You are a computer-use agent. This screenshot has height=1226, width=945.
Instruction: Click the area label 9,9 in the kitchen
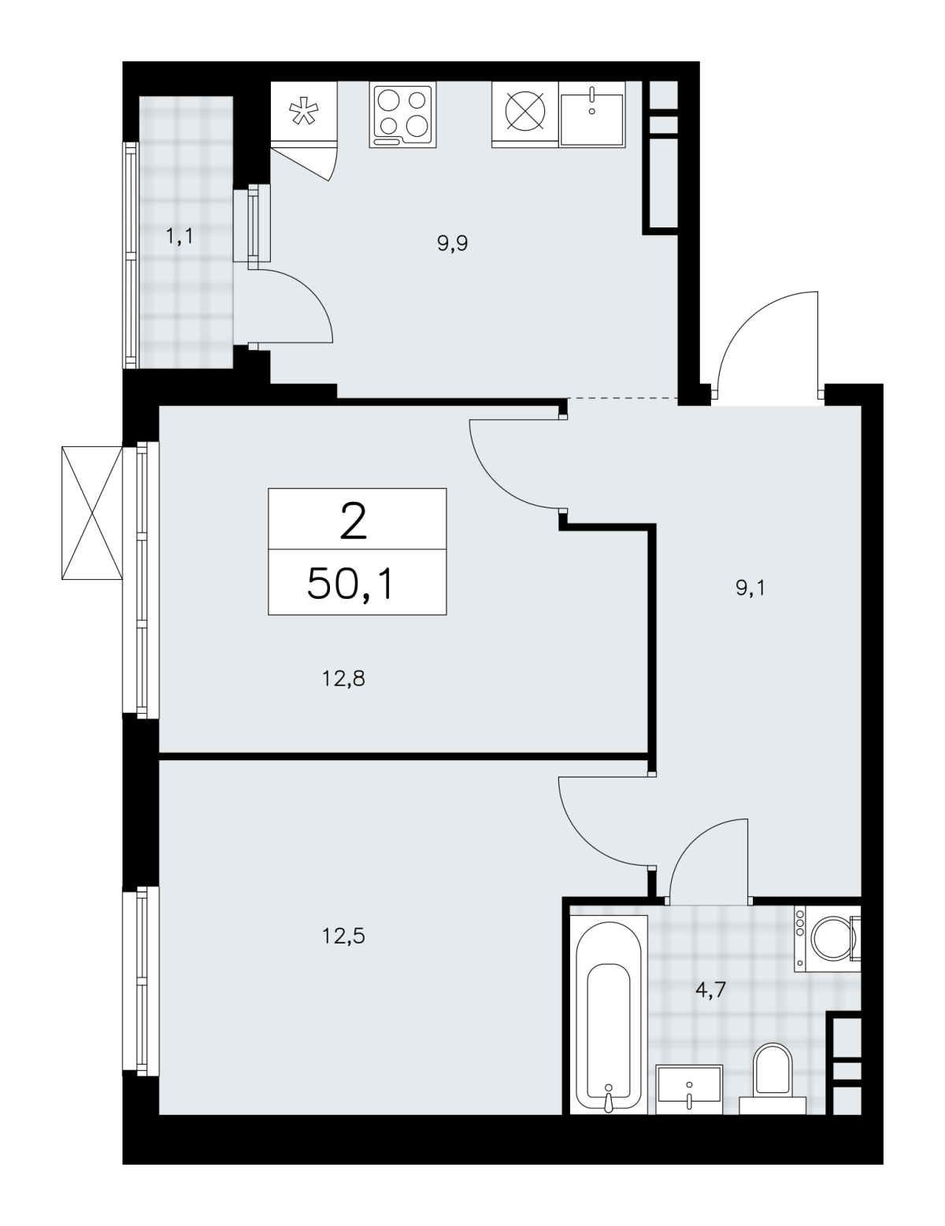[453, 244]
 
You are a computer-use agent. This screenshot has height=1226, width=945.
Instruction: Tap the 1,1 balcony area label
[180, 236]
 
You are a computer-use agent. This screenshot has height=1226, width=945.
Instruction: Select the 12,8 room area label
[344, 679]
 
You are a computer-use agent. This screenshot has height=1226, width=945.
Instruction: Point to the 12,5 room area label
[344, 936]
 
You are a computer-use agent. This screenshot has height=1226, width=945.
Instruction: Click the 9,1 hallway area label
[750, 589]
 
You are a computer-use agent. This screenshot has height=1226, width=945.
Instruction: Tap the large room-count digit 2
[354, 521]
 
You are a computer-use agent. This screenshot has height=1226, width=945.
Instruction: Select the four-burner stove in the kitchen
[402, 115]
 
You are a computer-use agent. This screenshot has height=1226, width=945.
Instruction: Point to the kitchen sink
[592, 115]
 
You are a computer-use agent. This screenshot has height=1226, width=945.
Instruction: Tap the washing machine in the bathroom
[827, 939]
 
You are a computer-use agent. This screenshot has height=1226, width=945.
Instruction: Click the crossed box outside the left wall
[92, 512]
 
